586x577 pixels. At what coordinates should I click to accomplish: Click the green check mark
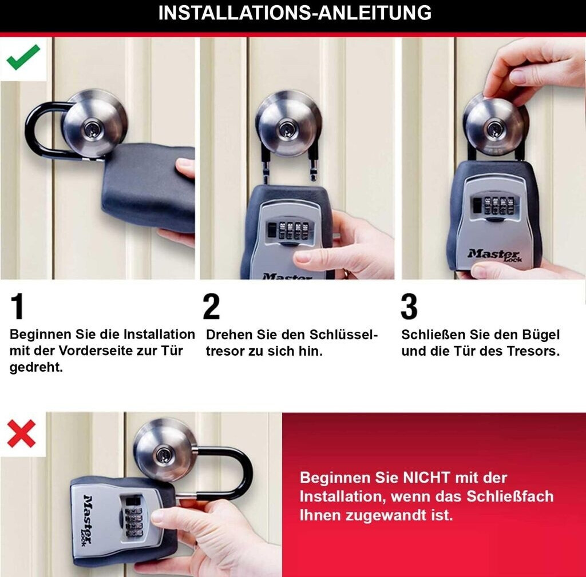coord(23,57)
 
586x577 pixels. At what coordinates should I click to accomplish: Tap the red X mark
coord(22,433)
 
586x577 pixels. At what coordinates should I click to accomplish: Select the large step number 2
coord(211,307)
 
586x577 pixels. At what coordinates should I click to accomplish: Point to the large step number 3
coord(409,307)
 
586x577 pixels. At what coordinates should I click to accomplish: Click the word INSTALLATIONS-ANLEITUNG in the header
coord(295,13)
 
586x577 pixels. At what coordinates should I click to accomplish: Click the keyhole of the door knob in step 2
coord(287,129)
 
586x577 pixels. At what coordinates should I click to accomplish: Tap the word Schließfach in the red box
coord(510,496)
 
